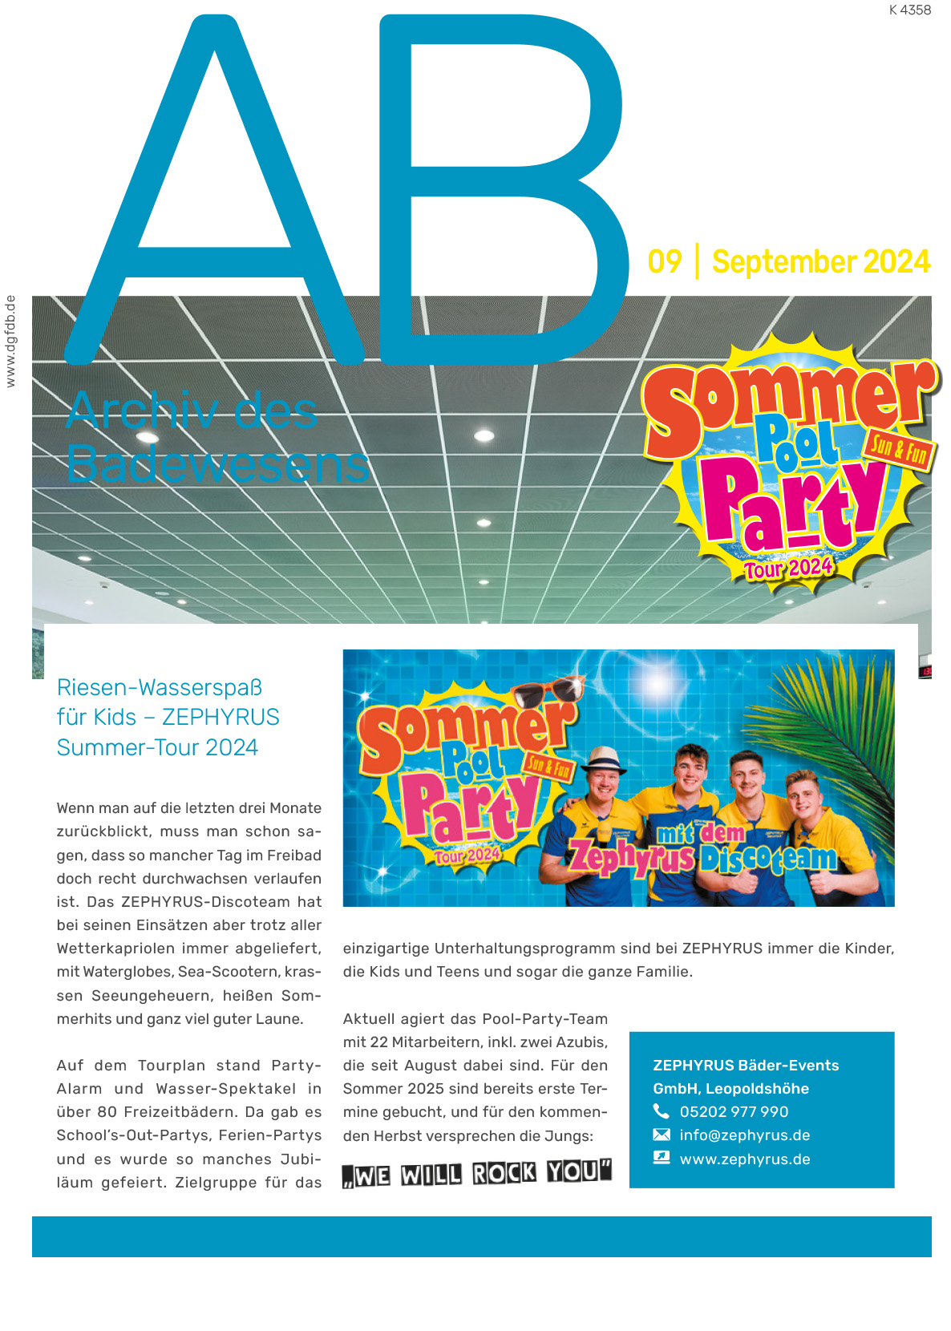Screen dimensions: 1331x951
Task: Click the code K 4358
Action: pyautogui.click(x=909, y=10)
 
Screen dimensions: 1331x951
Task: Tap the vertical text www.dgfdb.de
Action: pyautogui.click(x=10, y=342)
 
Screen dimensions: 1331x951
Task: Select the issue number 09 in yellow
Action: pyautogui.click(x=665, y=262)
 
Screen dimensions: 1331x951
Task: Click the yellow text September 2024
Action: pyautogui.click(x=820, y=262)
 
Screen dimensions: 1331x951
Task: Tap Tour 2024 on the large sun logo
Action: pyautogui.click(x=787, y=568)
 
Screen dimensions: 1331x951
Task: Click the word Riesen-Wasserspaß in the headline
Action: pyautogui.click(x=160, y=688)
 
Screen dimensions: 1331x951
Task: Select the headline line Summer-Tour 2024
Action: pyautogui.click(x=157, y=748)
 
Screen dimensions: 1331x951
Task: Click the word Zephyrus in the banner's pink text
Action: pyautogui.click(x=632, y=859)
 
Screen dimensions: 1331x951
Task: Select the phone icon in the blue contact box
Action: pyautogui.click(x=662, y=1111)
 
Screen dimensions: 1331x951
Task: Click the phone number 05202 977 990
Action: pyautogui.click(x=734, y=1112)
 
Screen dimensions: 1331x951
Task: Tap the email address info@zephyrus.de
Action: pyautogui.click(x=744, y=1135)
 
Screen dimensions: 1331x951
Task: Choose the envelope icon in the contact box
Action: pyautogui.click(x=662, y=1135)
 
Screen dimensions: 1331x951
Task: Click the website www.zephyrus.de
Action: pyautogui.click(x=744, y=1159)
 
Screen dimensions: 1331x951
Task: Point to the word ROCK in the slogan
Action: pyautogui.click(x=504, y=1174)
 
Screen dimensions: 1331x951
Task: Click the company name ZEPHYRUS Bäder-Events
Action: pyautogui.click(x=746, y=1066)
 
